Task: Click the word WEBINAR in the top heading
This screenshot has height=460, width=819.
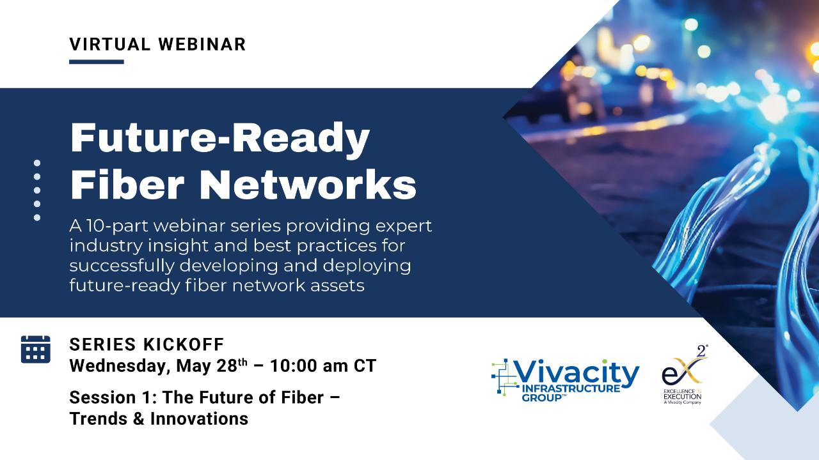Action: click(x=202, y=45)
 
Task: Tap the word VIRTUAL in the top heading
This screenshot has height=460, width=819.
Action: click(x=110, y=45)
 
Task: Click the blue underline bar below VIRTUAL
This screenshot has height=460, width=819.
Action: click(x=97, y=62)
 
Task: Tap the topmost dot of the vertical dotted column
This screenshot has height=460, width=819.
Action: click(x=37, y=163)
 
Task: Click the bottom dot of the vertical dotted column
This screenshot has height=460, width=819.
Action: click(x=37, y=218)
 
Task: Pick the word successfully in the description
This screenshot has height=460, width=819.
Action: click(x=122, y=266)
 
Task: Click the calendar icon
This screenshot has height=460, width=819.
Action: click(x=35, y=349)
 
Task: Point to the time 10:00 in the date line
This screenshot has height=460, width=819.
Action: click(x=293, y=366)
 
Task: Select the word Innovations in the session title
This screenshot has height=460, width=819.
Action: click(x=199, y=418)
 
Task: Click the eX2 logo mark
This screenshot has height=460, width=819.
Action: click(x=684, y=367)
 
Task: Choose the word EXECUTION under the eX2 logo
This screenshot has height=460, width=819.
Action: click(x=682, y=397)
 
